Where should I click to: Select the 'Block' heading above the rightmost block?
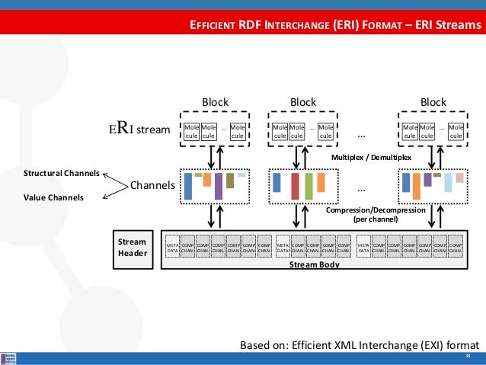point(433,102)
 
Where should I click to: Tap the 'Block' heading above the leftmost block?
point(215,102)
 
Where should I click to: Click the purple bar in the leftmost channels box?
point(219,186)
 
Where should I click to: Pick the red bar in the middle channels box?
point(295,186)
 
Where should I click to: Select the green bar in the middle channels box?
point(309,186)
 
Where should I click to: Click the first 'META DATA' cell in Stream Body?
point(172,248)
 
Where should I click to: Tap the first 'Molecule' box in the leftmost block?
point(191,131)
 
